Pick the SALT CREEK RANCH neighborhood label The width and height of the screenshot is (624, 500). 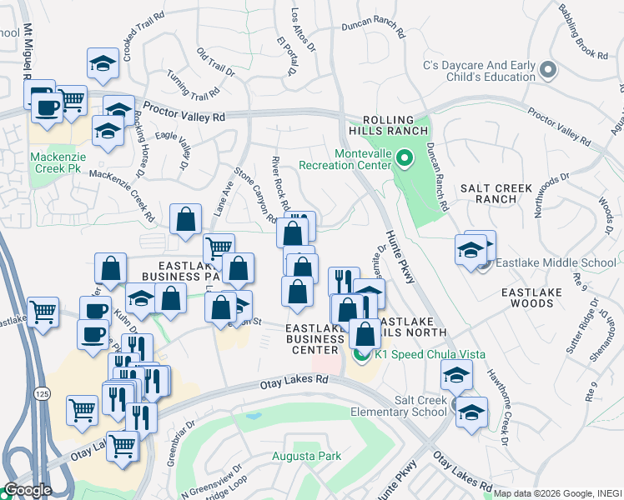503,193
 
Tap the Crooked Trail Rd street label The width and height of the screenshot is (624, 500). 138,37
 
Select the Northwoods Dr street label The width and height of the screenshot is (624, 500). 551,196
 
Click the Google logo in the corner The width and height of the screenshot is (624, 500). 28,489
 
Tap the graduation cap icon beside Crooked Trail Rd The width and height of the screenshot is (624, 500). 103,63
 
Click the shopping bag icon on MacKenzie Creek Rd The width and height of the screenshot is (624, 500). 185,220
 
